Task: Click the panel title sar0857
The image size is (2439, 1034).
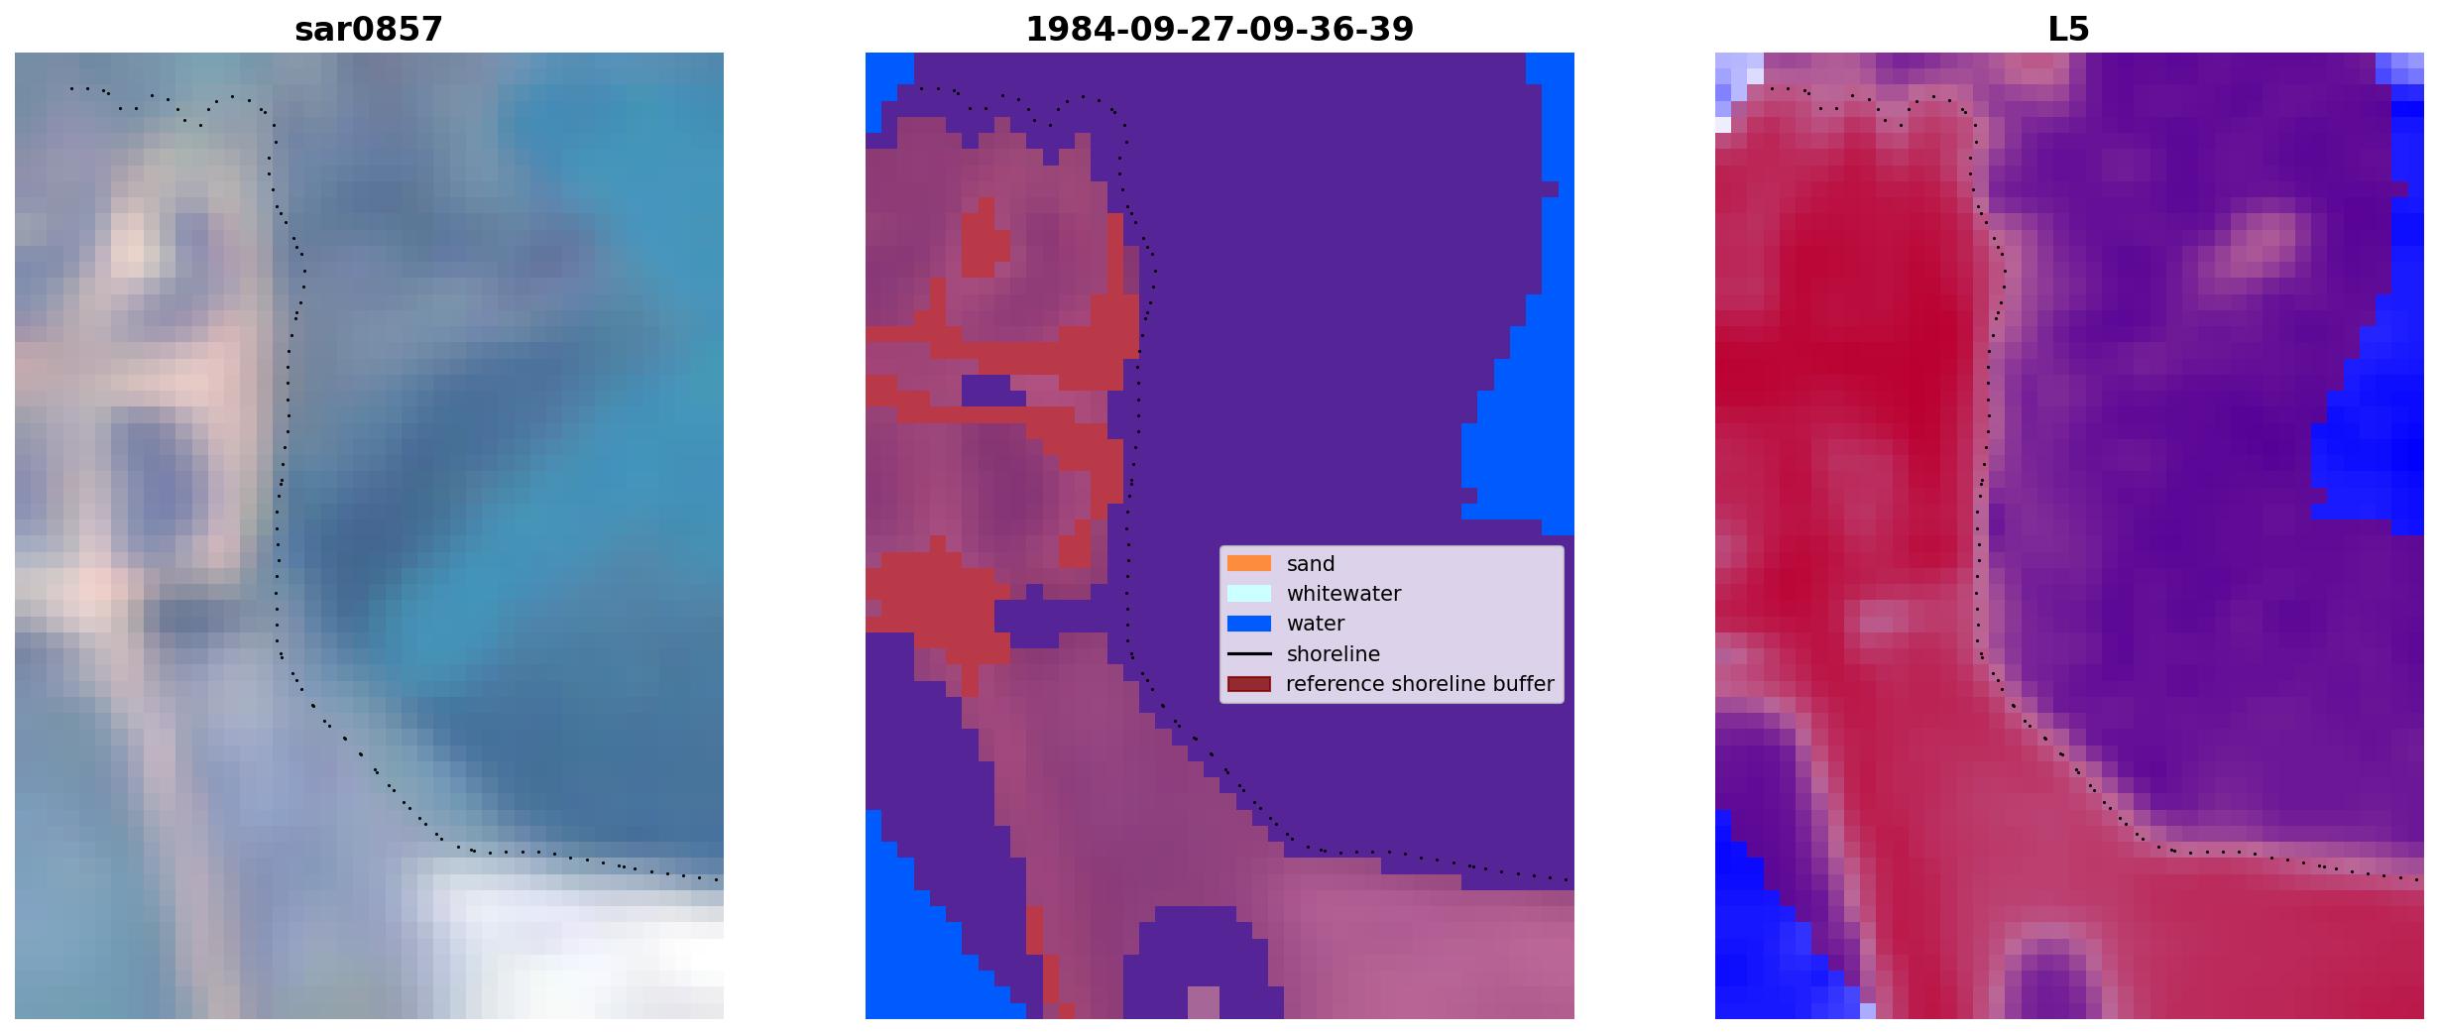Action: (369, 30)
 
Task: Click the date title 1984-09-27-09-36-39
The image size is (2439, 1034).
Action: (1219, 30)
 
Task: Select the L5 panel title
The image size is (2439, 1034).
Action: (2069, 30)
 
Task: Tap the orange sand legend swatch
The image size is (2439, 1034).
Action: (1249, 563)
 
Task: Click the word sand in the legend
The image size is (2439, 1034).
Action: (1311, 564)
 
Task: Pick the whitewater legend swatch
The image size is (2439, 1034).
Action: (1249, 593)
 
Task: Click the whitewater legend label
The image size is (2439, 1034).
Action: (1343, 594)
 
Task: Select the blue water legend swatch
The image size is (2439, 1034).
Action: (1249, 624)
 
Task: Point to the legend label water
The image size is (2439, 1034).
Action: (1316, 624)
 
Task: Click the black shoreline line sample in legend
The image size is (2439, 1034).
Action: (1249, 653)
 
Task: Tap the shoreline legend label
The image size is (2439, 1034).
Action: (1334, 654)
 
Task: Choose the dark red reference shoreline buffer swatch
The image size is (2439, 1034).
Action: (1249, 684)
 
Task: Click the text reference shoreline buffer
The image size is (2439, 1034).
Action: (1420, 684)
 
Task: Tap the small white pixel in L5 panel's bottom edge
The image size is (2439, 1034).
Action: (1868, 1011)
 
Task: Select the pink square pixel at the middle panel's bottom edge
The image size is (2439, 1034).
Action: (1204, 1002)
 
